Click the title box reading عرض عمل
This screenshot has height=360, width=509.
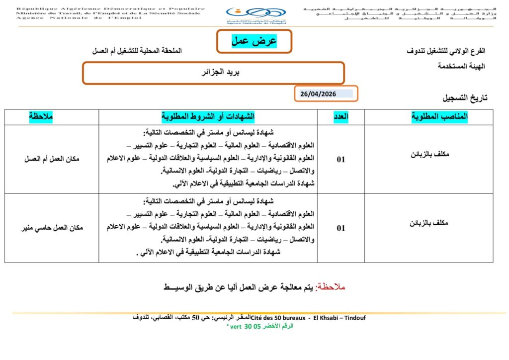(x=254, y=41)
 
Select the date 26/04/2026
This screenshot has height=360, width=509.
(x=319, y=94)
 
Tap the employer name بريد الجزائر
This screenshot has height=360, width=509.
(x=213, y=73)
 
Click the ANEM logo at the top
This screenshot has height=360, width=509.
(x=255, y=15)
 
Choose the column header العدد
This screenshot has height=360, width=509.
(x=341, y=117)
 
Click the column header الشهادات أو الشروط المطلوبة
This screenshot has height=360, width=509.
(x=208, y=117)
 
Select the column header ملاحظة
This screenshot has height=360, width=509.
(x=41, y=117)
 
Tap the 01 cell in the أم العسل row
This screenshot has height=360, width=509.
(x=341, y=160)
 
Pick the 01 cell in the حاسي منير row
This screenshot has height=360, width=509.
(x=341, y=228)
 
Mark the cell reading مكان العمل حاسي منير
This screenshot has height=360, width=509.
(x=52, y=228)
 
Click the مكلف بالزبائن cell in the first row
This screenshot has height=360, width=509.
(x=428, y=155)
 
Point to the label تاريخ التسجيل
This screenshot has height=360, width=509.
(x=465, y=98)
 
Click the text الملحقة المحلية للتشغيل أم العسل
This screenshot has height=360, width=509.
(x=138, y=51)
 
